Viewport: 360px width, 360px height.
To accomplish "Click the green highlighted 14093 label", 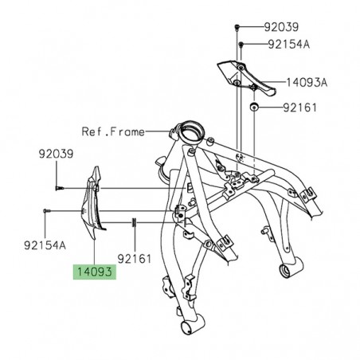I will tap(95, 271).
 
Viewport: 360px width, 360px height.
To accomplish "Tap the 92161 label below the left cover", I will tap(135, 258).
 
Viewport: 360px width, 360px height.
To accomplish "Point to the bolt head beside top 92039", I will tap(237, 29).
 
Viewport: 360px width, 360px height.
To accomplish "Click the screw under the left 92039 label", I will tap(60, 189).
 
